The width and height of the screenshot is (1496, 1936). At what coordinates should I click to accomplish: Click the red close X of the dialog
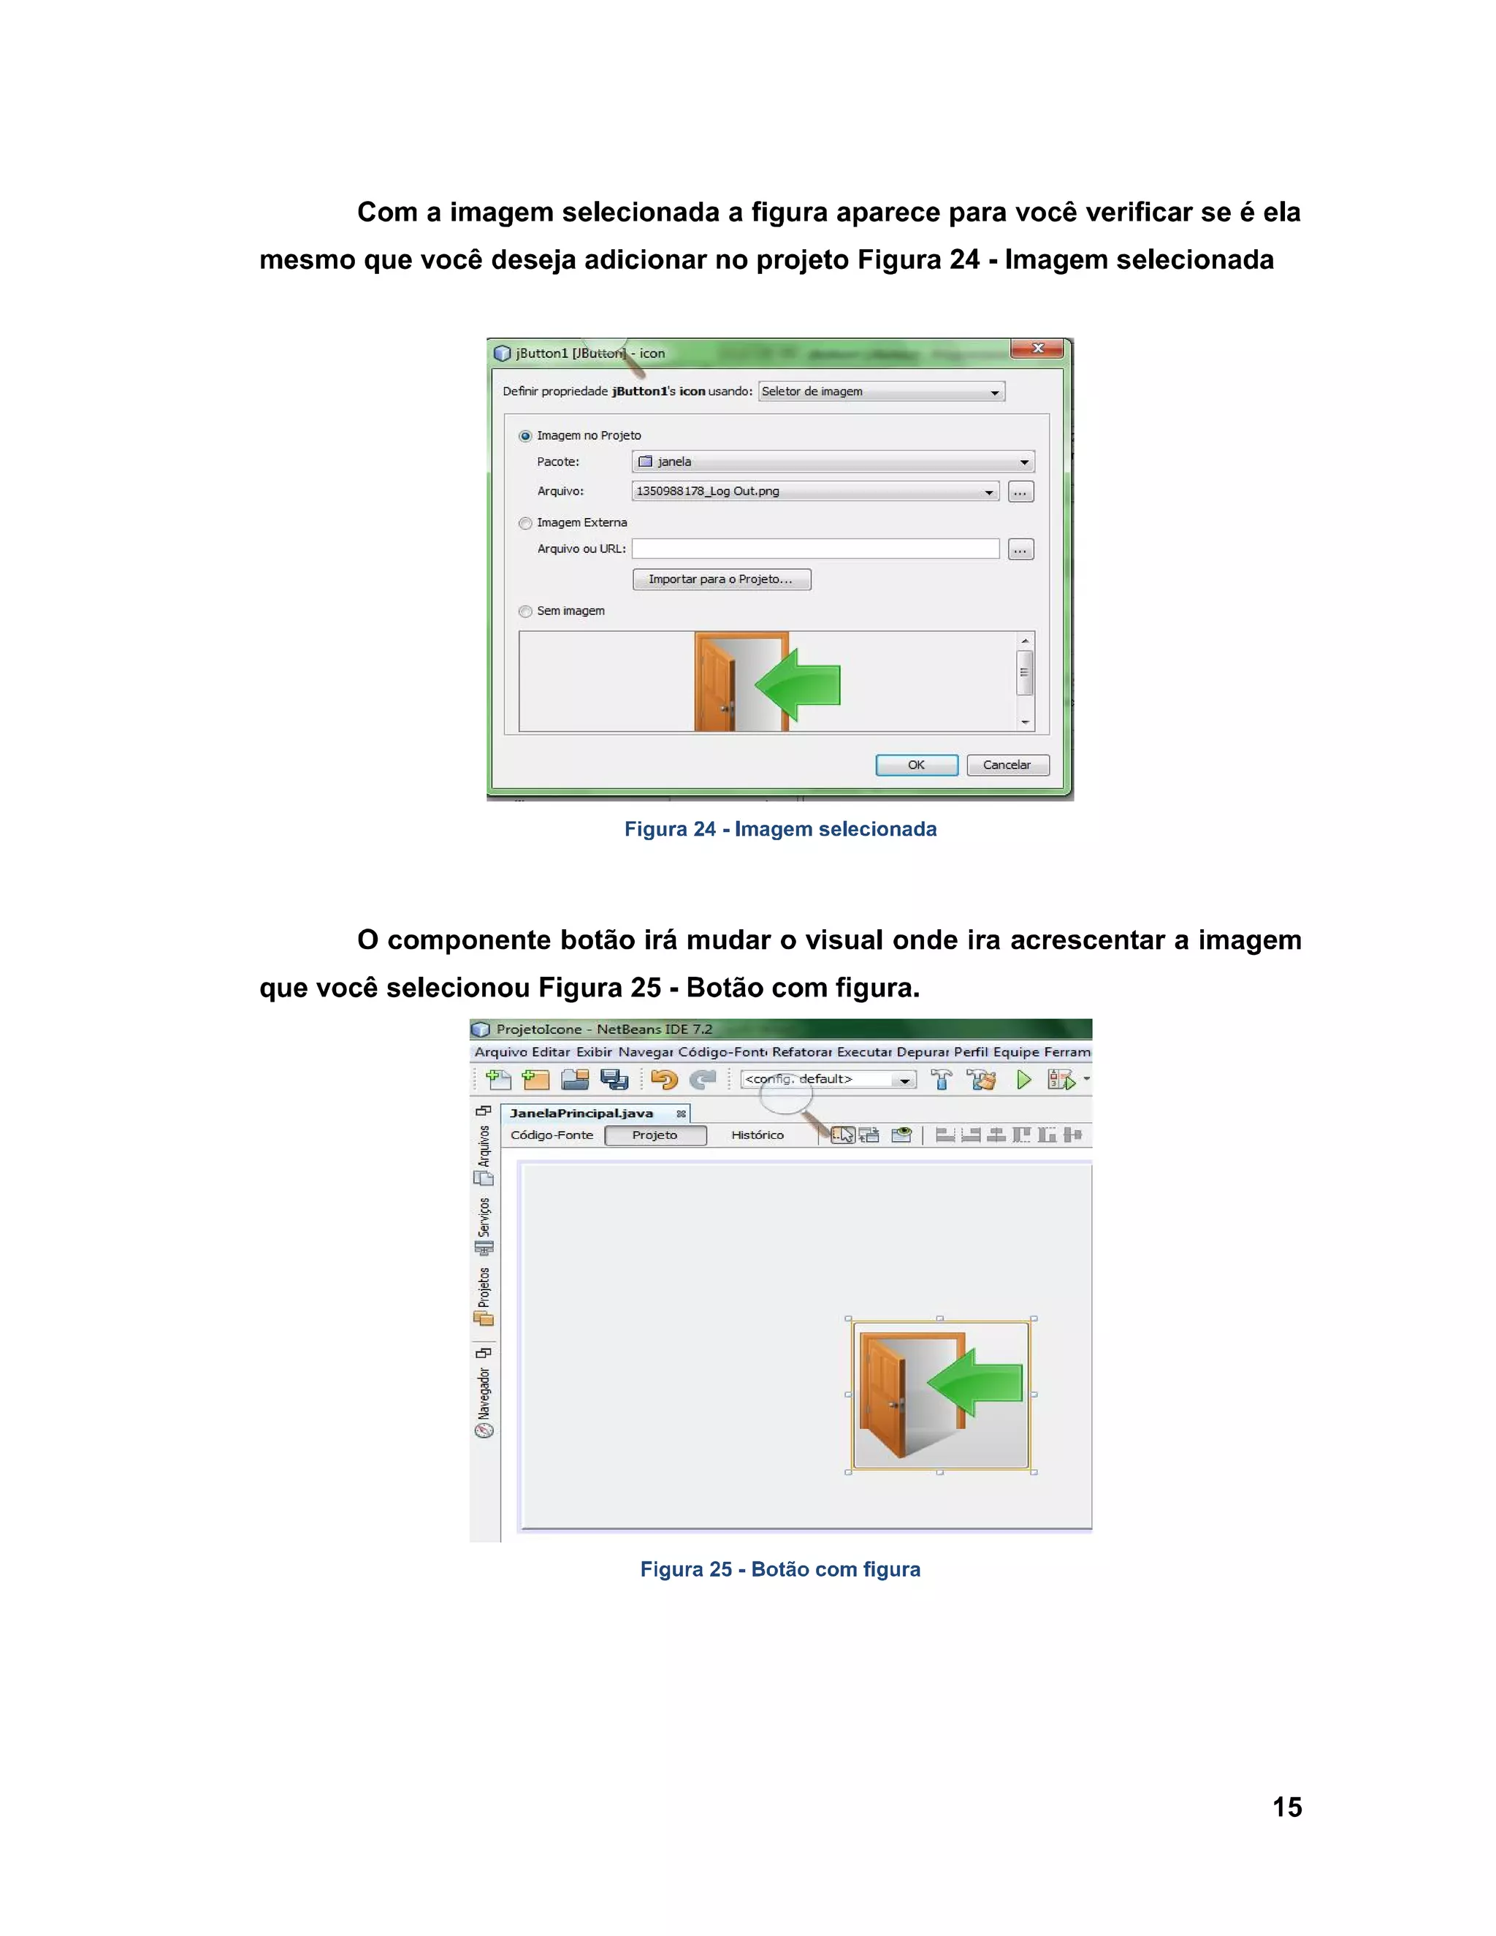(x=1037, y=348)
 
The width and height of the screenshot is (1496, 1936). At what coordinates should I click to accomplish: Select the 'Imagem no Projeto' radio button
(x=525, y=436)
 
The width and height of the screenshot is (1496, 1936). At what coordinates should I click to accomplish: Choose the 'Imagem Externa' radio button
(x=525, y=523)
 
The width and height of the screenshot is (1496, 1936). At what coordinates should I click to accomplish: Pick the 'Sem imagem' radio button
(x=525, y=611)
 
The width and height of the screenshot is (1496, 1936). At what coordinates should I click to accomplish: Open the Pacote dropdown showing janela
(x=832, y=462)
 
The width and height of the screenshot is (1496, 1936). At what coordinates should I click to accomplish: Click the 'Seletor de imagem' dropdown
(x=881, y=392)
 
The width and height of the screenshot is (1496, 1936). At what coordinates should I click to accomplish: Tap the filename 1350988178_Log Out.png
(x=708, y=491)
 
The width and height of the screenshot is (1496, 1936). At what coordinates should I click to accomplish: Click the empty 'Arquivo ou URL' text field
(x=814, y=549)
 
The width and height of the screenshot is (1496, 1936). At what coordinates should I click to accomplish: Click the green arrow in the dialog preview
(x=799, y=685)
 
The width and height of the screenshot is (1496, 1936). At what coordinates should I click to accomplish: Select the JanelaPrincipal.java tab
(x=581, y=1113)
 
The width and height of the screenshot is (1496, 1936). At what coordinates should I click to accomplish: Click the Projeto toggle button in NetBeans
(x=655, y=1135)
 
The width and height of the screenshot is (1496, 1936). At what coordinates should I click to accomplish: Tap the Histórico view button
(x=757, y=1135)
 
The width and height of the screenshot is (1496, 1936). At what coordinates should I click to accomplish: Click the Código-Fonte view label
(x=552, y=1135)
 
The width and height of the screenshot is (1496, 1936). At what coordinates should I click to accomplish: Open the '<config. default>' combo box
(x=828, y=1080)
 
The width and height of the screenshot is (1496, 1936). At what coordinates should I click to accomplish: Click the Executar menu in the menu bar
(x=864, y=1052)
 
